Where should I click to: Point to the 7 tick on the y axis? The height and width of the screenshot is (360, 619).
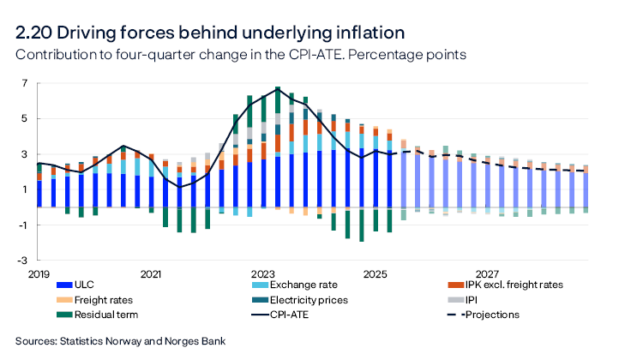pos(26,84)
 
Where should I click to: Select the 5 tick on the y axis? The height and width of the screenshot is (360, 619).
pos(26,119)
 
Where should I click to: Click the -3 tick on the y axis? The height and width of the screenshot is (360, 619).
pos(23,260)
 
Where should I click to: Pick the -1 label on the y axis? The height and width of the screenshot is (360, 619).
pos(23,225)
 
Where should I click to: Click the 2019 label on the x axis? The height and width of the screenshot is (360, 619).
pos(39,274)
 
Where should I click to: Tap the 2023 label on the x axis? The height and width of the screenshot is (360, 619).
pos(262,274)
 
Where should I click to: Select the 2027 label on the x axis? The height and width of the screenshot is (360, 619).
pos(487,274)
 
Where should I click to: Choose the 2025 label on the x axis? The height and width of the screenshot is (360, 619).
pos(375,274)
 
